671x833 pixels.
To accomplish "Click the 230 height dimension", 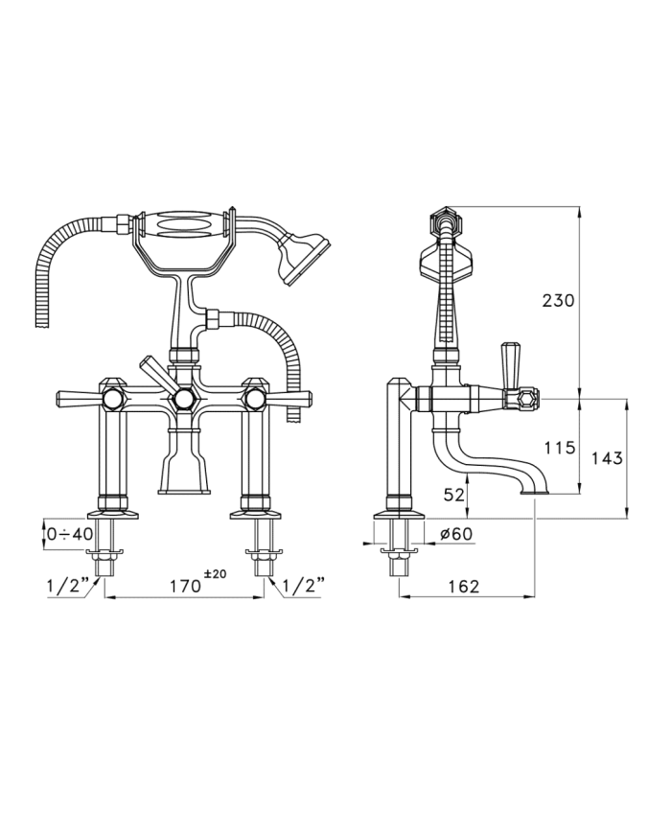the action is coord(558,301).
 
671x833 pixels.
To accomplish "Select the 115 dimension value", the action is coord(560,448).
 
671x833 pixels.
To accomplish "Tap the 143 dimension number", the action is coord(606,458).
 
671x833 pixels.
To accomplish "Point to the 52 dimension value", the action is coord(453,494).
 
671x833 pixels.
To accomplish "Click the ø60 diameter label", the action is coord(456,533).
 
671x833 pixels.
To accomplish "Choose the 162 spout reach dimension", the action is coord(463,586).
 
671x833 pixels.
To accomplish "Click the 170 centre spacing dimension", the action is coord(185,586).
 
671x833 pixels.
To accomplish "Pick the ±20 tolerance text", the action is coord(215,574).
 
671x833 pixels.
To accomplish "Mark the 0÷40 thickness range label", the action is coord(70,533).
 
